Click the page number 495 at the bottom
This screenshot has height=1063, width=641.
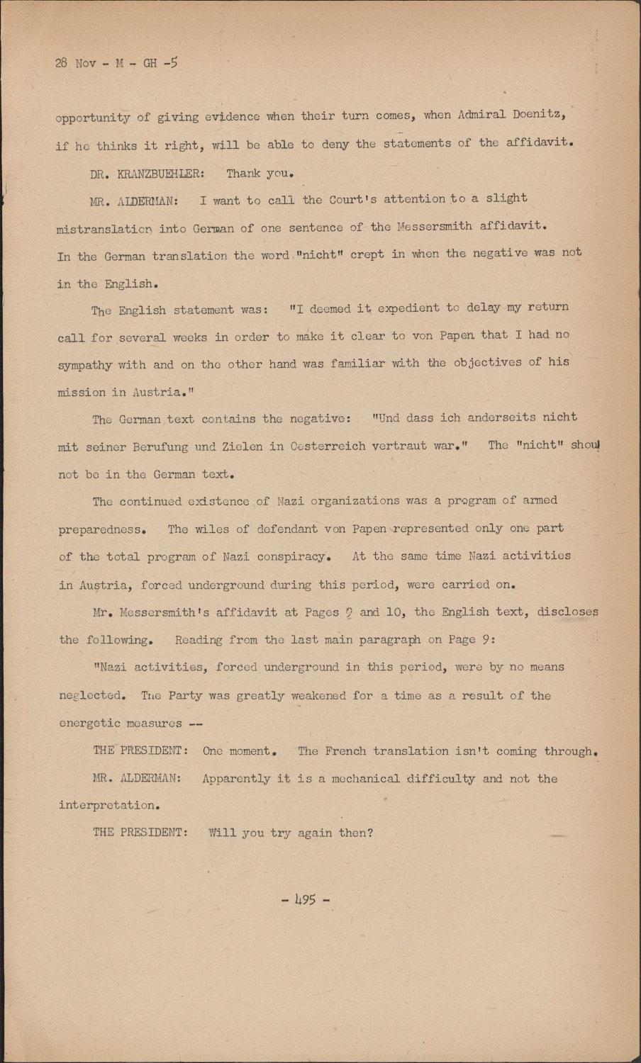(x=306, y=901)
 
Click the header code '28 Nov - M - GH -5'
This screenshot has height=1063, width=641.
(x=116, y=63)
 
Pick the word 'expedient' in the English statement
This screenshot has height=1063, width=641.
(x=408, y=308)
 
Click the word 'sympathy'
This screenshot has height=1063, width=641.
(x=84, y=366)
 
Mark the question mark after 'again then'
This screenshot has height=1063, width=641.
(x=369, y=833)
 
